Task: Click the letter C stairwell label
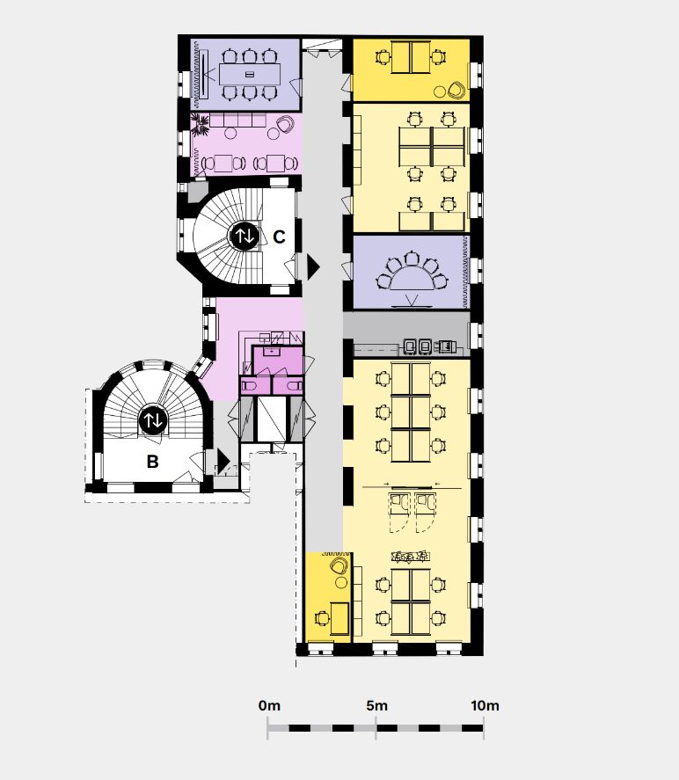279,237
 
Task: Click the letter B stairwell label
153,462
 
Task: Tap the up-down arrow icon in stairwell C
245,236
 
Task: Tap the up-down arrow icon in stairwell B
153,421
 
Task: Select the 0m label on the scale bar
270,705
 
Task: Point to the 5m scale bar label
376,705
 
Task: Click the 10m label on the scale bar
485,705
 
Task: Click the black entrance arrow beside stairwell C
313,267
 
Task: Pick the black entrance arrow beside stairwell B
223,461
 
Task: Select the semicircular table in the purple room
412,279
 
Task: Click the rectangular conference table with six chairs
250,74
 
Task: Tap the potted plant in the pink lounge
201,124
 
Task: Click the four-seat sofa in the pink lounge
237,120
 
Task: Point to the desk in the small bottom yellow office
339,618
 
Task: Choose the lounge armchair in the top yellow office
456,90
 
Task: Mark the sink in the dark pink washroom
272,351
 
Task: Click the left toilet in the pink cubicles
249,385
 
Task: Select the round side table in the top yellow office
439,91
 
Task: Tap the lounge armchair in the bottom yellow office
339,565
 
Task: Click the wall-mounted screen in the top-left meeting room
204,75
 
